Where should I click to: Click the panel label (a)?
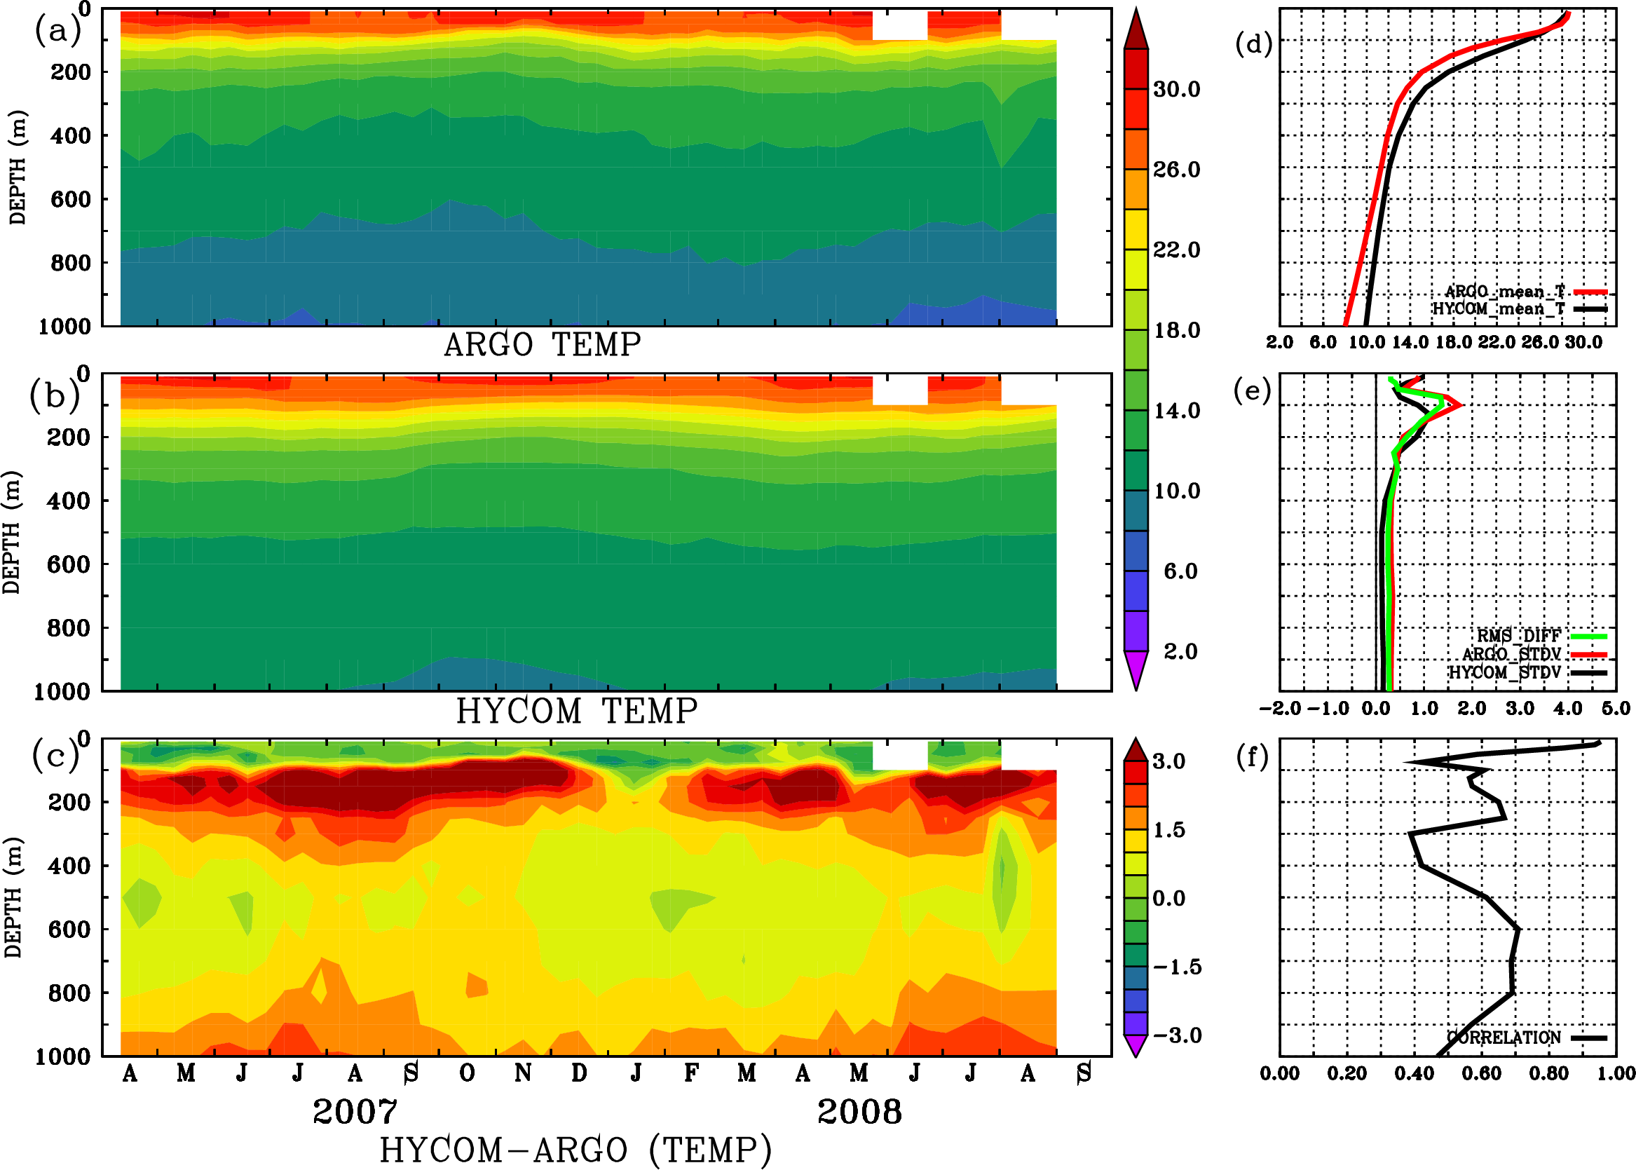57,32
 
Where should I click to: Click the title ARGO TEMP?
542,345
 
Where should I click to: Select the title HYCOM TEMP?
576,711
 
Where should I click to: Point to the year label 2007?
355,1112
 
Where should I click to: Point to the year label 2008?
859,1112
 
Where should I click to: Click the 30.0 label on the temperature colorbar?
1176,89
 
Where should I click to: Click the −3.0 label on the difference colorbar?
1176,1035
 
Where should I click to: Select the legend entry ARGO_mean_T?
1505,291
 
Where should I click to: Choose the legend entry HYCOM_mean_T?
1499,308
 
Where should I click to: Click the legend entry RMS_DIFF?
1518,635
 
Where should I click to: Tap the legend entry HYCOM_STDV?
1505,672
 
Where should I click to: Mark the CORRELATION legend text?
1504,1038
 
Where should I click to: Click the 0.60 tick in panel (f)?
1482,1073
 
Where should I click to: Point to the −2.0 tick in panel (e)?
1280,708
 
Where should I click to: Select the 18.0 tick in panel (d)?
1453,342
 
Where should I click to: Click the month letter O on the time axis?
467,1073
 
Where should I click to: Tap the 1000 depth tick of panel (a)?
64,327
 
